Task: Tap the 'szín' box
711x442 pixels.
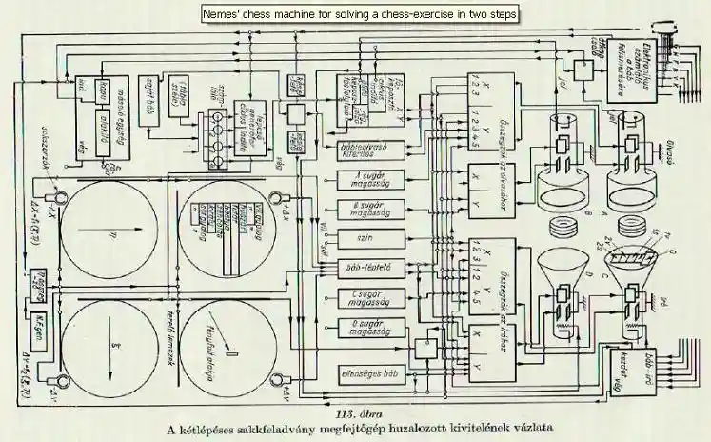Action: [369, 236]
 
